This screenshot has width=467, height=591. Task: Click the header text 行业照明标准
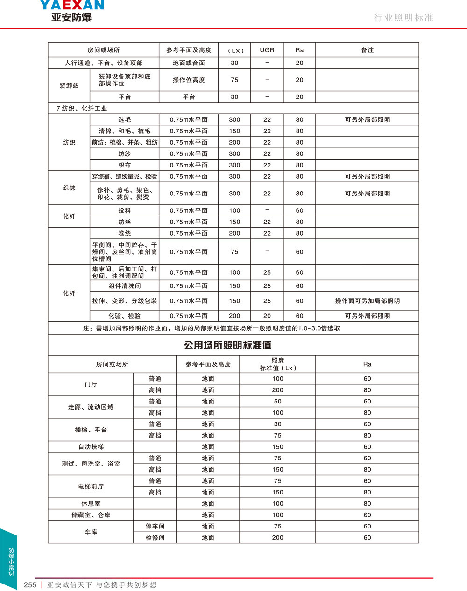[403, 18]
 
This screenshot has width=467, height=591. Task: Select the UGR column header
[267, 50]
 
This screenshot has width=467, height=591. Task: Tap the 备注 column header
[367, 50]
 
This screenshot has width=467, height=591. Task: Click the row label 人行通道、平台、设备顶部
[104, 63]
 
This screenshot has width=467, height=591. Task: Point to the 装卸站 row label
[69, 86]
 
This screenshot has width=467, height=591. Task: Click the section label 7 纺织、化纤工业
[82, 108]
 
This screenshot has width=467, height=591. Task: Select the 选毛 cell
[124, 120]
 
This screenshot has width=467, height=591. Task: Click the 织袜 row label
[69, 188]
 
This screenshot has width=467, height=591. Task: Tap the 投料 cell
[124, 210]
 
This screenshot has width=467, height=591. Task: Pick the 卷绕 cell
[124, 233]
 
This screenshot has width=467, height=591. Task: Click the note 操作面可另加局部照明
[367, 301]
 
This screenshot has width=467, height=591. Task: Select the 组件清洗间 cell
[124, 286]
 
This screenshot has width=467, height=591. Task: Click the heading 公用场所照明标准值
[228, 345]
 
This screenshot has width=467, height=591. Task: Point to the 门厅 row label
[91, 384]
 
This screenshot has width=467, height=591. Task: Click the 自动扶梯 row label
[91, 447]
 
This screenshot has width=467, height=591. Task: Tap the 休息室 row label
[91, 504]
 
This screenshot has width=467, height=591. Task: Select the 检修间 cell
[155, 538]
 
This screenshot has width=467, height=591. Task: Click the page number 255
[30, 585]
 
